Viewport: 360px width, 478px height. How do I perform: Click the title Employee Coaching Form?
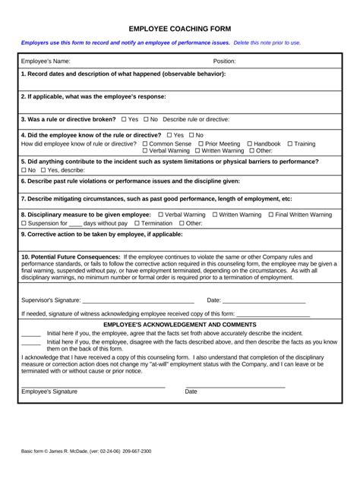(x=179, y=27)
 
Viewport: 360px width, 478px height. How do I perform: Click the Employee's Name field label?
(x=46, y=60)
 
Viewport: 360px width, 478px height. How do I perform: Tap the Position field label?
(x=224, y=60)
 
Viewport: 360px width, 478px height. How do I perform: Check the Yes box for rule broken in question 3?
(x=123, y=119)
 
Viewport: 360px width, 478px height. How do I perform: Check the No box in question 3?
(x=144, y=119)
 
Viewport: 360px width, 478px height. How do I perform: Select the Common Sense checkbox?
(x=145, y=143)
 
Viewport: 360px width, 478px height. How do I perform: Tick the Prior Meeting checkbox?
(x=201, y=143)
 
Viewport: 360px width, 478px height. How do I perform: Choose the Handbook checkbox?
(x=248, y=143)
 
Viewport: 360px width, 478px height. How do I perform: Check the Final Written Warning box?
(x=269, y=215)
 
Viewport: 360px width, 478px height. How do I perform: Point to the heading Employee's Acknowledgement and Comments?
(x=179, y=324)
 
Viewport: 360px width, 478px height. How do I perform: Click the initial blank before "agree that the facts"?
(x=31, y=333)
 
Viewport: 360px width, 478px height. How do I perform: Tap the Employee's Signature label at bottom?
(x=49, y=392)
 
